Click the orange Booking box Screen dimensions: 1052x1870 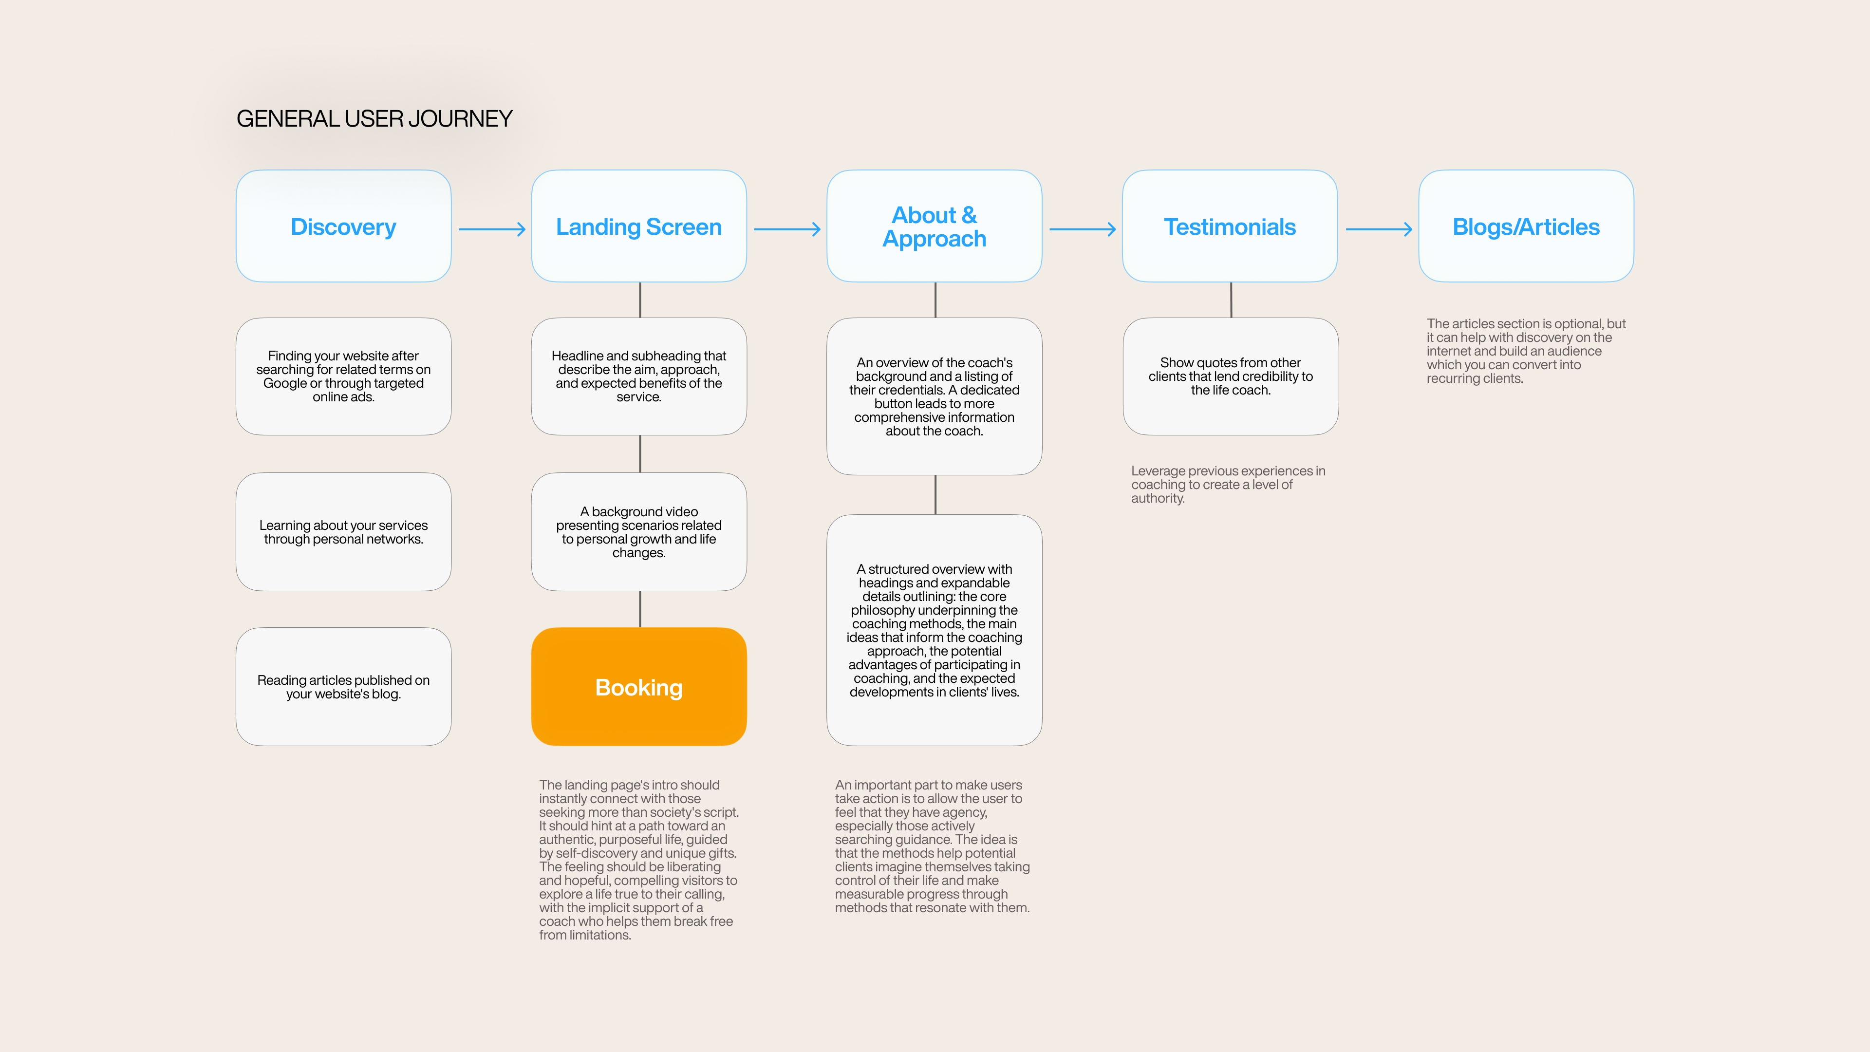pyautogui.click(x=639, y=687)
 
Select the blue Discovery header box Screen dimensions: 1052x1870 pyautogui.click(x=343, y=226)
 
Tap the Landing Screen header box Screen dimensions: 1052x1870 pyautogui.click(x=639, y=226)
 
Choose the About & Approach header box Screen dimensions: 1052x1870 pyautogui.click(x=935, y=226)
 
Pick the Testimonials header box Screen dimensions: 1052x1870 pyautogui.click(x=1230, y=226)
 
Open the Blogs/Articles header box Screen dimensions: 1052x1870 pyautogui.click(x=1526, y=226)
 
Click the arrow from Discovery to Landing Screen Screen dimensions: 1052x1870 pyautogui.click(x=491, y=229)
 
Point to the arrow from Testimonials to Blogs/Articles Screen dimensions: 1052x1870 pyautogui.click(x=1379, y=229)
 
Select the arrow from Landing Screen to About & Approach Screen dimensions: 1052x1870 pyautogui.click(x=787, y=229)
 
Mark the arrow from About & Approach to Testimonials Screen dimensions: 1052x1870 pyautogui.click(x=1083, y=229)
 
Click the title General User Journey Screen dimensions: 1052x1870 pyautogui.click(x=374, y=119)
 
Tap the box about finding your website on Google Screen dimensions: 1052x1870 pyautogui.click(x=343, y=376)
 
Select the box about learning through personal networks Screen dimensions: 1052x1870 pyautogui.click(x=343, y=531)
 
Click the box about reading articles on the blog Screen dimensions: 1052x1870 pyautogui.click(x=343, y=687)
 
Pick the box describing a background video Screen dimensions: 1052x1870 pyautogui.click(x=639, y=531)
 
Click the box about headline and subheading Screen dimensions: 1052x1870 pyautogui.click(x=639, y=376)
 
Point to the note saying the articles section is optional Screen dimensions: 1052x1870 pyautogui.click(x=1525, y=351)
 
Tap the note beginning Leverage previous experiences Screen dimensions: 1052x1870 pyautogui.click(x=1228, y=484)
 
